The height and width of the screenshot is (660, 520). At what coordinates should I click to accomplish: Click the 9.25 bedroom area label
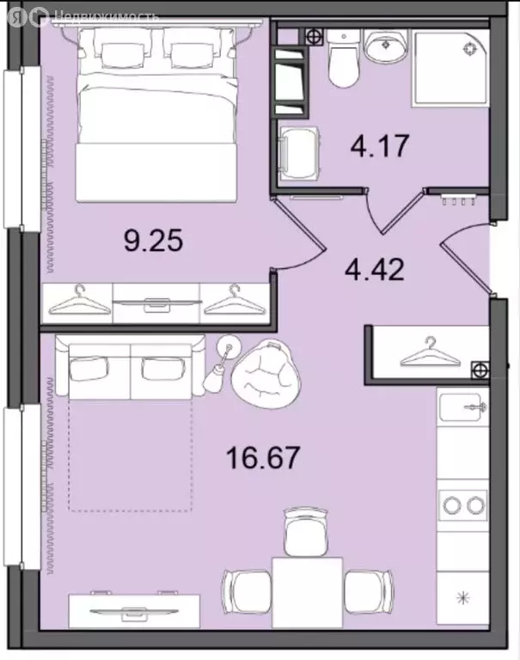click(153, 241)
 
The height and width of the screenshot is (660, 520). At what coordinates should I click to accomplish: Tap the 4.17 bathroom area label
click(380, 145)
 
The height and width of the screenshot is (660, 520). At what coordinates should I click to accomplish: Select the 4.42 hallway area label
click(375, 269)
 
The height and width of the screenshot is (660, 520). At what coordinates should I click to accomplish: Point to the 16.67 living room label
click(263, 457)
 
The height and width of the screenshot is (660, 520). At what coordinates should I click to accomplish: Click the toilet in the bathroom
click(344, 58)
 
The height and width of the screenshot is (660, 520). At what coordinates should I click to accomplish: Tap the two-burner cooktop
click(462, 504)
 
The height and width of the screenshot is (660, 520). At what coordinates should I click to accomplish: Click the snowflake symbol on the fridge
click(463, 597)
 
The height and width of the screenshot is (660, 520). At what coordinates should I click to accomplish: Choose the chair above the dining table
click(306, 531)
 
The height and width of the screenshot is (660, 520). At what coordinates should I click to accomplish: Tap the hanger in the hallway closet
click(431, 351)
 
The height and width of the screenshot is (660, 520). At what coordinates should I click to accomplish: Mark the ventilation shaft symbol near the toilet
click(314, 37)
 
